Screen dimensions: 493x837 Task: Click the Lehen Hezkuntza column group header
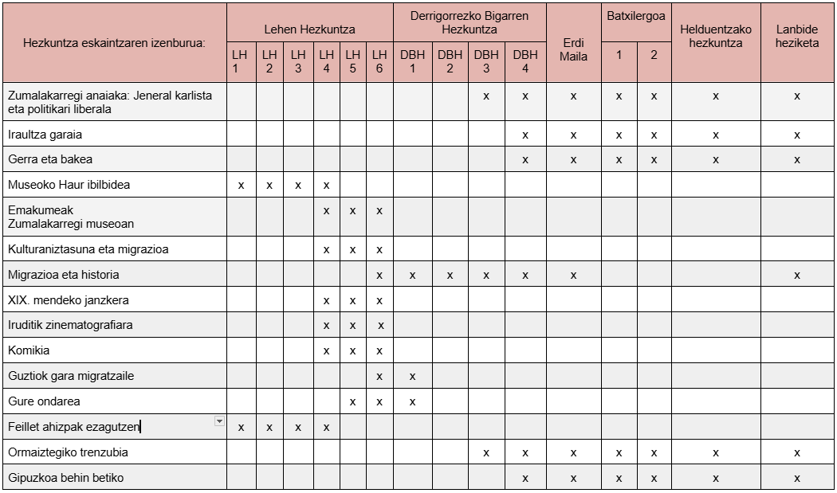309,29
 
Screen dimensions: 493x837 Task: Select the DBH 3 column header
485,61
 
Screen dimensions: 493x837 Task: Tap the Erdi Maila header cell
573,49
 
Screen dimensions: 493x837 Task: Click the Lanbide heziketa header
797,37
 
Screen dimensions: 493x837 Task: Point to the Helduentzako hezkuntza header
715,37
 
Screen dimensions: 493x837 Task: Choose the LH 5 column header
352,61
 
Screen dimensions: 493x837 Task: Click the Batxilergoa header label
635,15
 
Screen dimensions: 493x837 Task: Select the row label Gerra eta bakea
50,159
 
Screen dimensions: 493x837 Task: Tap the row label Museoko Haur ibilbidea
69,185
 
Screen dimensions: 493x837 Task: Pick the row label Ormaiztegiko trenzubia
68,452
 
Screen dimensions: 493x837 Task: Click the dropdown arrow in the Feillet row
219,421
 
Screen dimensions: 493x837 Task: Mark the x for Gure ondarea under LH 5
352,401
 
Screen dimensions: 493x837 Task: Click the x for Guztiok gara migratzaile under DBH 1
412,376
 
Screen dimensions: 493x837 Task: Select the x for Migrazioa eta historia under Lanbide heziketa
797,275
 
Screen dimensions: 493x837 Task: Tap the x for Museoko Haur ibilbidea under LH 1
241,185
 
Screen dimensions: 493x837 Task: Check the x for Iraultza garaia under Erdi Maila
573,135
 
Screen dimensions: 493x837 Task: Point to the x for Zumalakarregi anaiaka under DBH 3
485,96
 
